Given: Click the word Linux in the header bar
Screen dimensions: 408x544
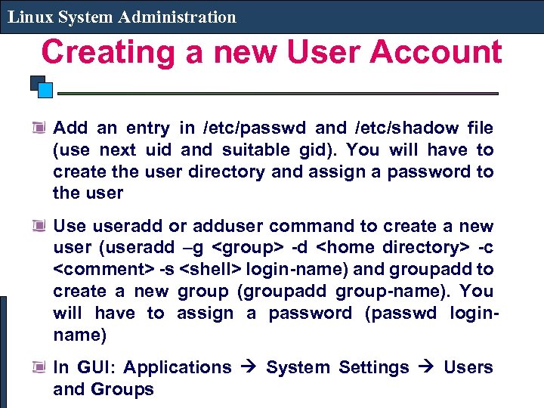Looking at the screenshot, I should pyautogui.click(x=29, y=17).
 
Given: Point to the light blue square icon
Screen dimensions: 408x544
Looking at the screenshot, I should pyautogui.click(x=45, y=91).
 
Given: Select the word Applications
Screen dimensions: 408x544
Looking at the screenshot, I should pyautogui.click(x=178, y=367).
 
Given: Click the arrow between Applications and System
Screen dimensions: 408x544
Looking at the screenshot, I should pyautogui.click(x=249, y=368).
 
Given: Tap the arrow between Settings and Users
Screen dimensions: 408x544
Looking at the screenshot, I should pyautogui.click(x=427, y=368).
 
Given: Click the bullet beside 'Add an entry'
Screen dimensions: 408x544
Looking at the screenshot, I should pyautogui.click(x=39, y=128).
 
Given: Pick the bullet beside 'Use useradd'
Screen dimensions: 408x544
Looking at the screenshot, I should pyautogui.click(x=39, y=225).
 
